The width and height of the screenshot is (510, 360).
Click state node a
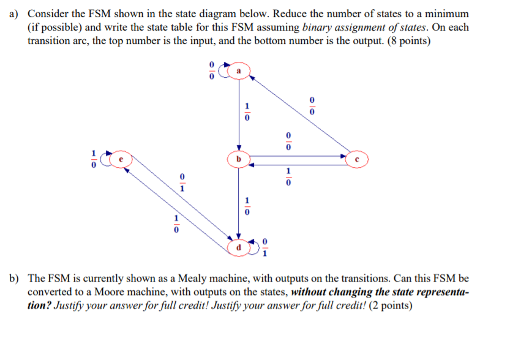pos(239,72)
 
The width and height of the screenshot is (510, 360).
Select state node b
pos(239,160)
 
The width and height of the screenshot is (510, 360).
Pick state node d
pos(238,247)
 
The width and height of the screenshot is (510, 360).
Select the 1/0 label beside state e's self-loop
pos(94,159)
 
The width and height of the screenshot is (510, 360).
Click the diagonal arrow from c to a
pos(300,116)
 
